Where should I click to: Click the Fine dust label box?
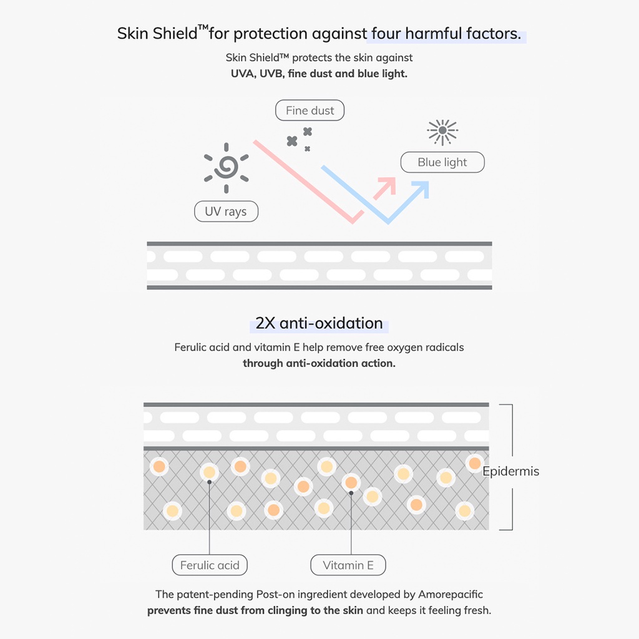310,110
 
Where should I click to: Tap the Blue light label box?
442,162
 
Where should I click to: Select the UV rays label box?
225,212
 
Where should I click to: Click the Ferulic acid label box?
210,565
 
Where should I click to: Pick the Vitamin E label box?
348,565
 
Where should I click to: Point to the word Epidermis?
510,471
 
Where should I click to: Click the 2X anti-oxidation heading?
319,323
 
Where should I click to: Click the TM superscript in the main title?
203,27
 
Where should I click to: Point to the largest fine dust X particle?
292,141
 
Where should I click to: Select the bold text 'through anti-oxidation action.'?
319,363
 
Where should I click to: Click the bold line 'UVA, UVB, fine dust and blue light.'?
319,74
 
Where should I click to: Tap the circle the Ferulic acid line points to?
210,472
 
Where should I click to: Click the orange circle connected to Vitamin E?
351,482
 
